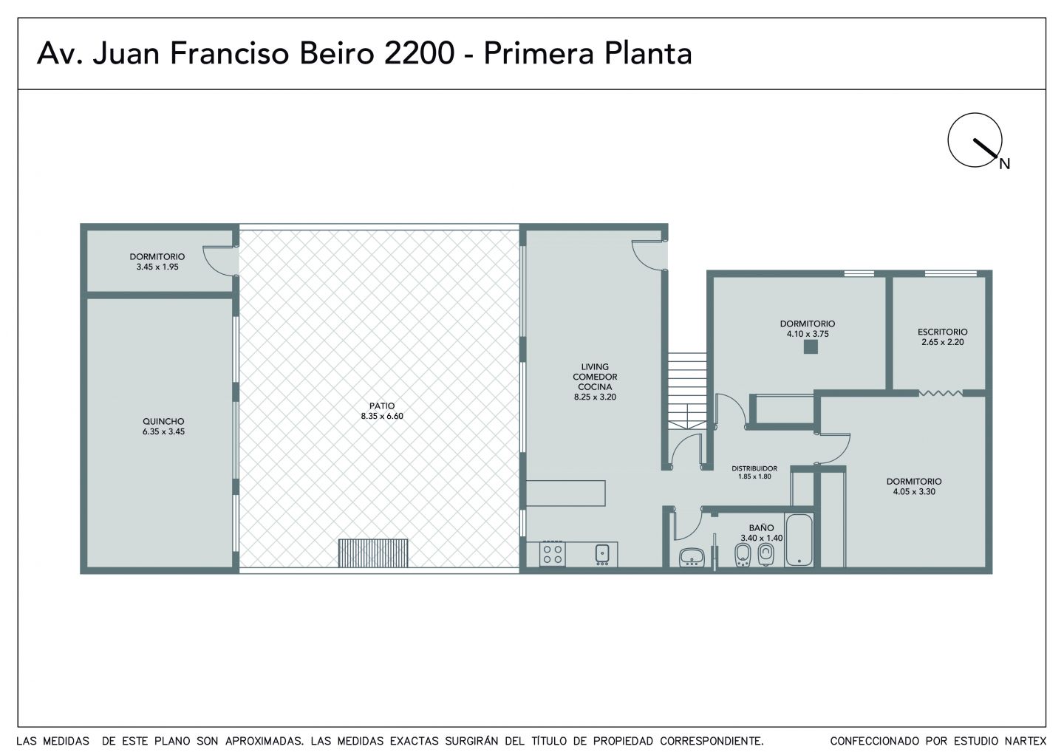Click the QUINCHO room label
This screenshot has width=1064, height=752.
point(163,421)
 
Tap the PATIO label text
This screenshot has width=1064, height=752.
point(382,406)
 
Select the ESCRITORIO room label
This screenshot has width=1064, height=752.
point(942,332)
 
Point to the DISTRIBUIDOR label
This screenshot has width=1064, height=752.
point(754,468)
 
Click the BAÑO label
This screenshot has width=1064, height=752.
point(761,528)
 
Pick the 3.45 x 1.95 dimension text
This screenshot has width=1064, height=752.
point(157,267)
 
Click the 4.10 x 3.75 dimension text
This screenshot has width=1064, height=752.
point(808,334)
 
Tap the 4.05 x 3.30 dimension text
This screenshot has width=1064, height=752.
point(914,491)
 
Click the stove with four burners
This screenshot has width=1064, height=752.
point(553,554)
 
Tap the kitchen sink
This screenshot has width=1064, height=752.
point(602,554)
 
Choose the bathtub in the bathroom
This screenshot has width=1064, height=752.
point(799,540)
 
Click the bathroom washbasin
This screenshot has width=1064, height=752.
point(692,557)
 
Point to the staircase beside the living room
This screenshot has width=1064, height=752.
point(687,392)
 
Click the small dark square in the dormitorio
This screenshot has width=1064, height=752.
point(811,347)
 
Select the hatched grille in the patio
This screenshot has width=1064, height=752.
point(373,553)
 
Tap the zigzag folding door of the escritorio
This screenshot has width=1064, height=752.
point(941,392)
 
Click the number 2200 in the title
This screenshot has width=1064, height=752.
point(419,53)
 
